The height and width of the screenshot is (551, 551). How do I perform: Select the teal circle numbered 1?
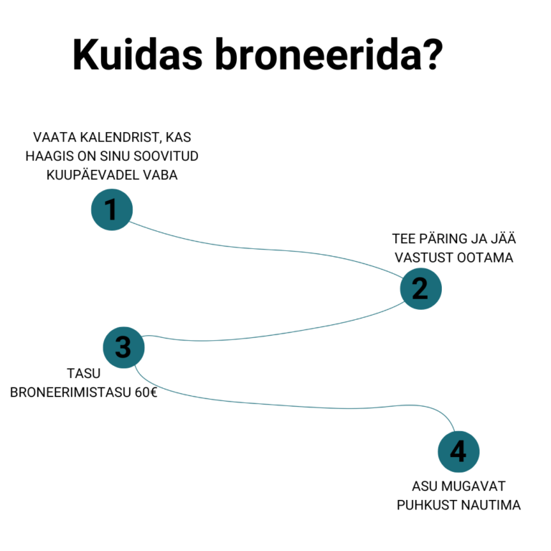click(111, 209)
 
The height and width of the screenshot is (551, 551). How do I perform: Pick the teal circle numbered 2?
click(420, 288)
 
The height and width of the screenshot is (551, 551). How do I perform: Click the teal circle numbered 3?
click(123, 347)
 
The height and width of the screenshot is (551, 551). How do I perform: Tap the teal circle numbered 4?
click(458, 452)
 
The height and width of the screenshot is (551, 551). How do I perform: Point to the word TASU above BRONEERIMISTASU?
click(83, 373)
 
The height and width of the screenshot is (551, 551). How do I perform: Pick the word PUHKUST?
click(428, 504)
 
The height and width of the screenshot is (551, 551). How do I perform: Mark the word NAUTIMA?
click(491, 504)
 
